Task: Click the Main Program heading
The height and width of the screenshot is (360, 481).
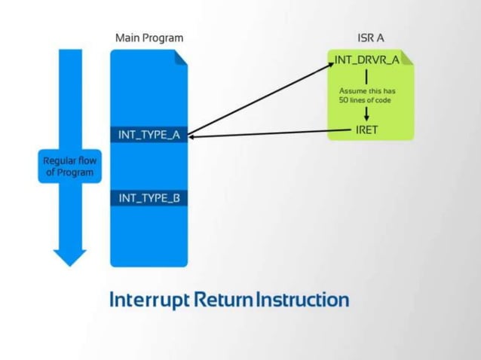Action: [149, 38]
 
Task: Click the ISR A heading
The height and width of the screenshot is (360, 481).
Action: [371, 38]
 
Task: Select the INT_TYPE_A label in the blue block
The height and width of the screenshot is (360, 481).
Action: [149, 135]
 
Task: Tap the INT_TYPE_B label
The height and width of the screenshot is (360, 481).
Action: [149, 198]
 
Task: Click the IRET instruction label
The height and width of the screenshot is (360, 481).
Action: [366, 130]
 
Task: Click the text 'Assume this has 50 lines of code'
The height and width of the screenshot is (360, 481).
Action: [366, 95]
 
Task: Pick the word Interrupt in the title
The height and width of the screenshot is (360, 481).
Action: [149, 299]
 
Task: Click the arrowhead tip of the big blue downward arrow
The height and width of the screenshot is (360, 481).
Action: [70, 264]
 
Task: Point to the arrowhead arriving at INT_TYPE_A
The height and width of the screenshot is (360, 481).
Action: [191, 136]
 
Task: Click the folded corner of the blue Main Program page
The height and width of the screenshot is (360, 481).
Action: [181, 56]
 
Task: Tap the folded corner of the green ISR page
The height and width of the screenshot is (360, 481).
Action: [408, 56]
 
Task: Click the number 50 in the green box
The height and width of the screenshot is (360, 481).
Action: [344, 99]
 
